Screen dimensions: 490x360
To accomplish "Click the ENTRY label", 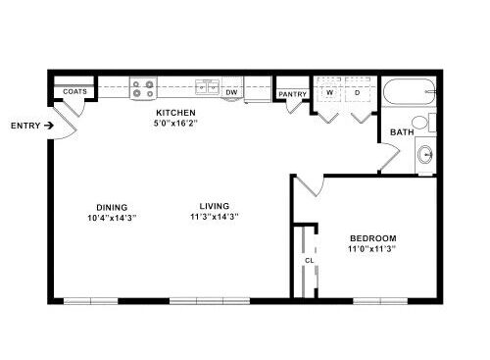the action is tap(25, 126).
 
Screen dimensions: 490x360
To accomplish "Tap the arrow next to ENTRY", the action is tap(49, 126).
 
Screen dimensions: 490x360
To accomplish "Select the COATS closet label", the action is tap(74, 91).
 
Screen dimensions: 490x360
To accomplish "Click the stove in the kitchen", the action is tap(143, 88).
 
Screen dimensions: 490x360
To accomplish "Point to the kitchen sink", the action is tap(207, 87).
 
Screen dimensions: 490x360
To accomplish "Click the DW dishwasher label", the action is tap(231, 92).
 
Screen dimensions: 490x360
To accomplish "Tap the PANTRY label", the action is tap(292, 94).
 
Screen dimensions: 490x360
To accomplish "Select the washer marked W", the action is tap(329, 90).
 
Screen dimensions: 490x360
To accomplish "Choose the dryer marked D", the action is tap(358, 90).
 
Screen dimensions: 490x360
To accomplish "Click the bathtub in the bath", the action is tap(410, 91).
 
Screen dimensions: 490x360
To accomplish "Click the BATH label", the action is tap(402, 132).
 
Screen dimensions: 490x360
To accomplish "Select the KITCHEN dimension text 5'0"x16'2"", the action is tap(175, 124).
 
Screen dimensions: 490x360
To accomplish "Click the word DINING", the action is tap(112, 207).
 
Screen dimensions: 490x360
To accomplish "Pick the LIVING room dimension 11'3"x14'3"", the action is tap(215, 217).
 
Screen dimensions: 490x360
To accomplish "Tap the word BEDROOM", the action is tap(373, 238).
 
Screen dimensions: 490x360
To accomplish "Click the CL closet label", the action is tap(309, 261).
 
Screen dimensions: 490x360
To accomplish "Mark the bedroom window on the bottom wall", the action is tap(380, 301).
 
